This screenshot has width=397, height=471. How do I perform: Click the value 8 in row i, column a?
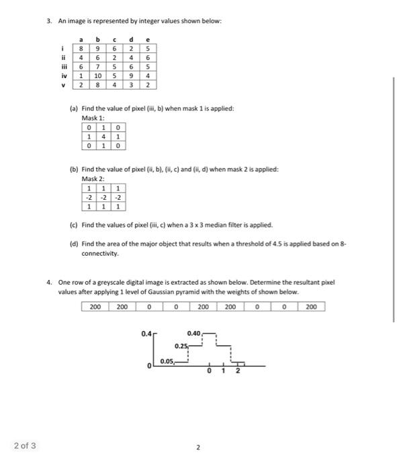pos(83,48)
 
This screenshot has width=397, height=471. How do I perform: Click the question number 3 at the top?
pos(49,22)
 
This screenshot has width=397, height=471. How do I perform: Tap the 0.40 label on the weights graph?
pos(194,333)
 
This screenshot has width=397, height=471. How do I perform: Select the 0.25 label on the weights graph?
pos(180,346)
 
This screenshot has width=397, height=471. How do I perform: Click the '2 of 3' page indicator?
pos(26,445)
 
